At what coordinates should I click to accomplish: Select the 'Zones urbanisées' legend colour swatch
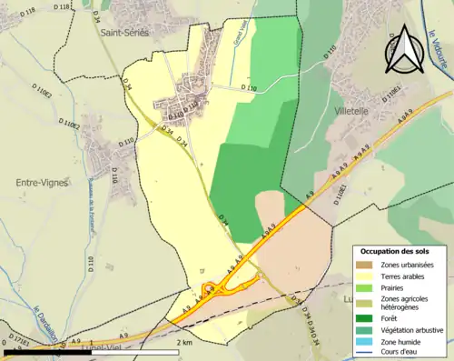[x=366, y=265]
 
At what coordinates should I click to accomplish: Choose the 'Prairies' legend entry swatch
[x=366, y=287]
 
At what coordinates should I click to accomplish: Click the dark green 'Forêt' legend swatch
[x=366, y=317]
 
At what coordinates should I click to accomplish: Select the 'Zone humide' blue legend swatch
[x=366, y=341]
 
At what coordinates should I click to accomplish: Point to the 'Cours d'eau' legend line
[x=366, y=352]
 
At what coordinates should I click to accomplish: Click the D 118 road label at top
[x=62, y=7]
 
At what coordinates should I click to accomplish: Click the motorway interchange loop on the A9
[x=211, y=290]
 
